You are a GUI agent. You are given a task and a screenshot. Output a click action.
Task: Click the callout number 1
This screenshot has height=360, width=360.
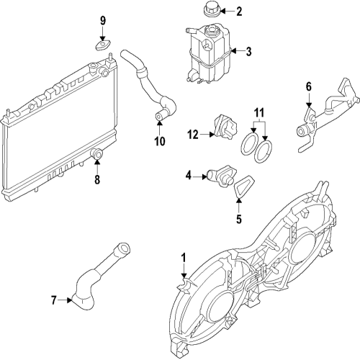184,258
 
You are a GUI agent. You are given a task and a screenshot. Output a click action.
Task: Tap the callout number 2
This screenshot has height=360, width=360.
240,11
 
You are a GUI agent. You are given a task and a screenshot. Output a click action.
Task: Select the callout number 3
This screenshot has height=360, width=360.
248,52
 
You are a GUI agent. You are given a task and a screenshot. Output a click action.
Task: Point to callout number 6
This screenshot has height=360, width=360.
309,87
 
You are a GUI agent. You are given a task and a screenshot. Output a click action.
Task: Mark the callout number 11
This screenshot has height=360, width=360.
260,113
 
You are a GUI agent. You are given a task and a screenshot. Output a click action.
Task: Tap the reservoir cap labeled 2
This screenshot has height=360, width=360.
212,11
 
